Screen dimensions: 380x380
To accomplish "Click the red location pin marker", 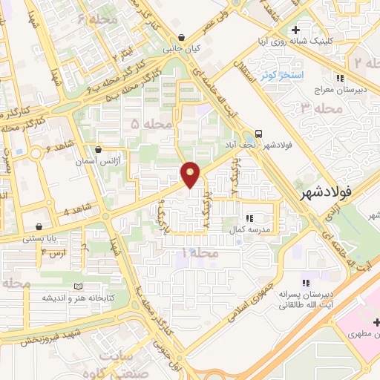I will [x=191, y=174].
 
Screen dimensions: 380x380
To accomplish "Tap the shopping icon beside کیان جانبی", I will [x=181, y=39].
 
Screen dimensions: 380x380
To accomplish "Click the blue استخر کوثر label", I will [x=279, y=74].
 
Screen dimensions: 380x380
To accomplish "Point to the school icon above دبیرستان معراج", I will [x=341, y=78].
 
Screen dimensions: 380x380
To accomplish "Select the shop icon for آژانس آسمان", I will [x=99, y=149].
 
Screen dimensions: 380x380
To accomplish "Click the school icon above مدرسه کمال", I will [x=249, y=218].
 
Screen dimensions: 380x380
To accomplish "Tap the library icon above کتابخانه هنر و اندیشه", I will [x=79, y=286].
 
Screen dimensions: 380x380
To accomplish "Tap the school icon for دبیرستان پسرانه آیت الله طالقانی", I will [x=304, y=283].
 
